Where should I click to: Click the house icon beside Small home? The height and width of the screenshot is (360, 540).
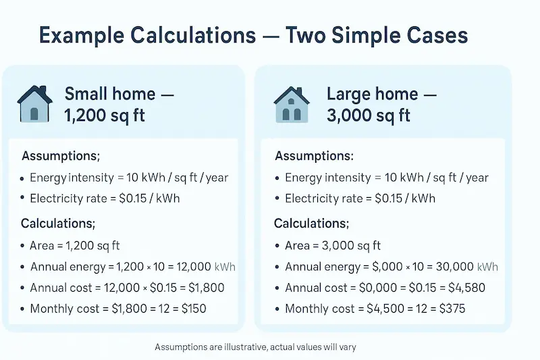point(34,104)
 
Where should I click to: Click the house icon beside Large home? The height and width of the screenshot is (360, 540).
point(292,104)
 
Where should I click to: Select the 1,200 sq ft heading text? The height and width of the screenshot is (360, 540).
point(104,115)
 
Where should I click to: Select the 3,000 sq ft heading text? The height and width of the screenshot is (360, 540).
point(369,115)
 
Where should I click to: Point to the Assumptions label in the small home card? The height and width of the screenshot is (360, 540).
point(61,156)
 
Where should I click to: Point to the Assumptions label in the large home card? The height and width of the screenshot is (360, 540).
point(314,156)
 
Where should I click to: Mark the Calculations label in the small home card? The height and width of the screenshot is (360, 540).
point(58,223)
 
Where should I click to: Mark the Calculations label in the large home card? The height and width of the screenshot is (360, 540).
point(311,223)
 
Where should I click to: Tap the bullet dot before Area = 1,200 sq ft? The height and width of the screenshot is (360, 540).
point(23,246)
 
